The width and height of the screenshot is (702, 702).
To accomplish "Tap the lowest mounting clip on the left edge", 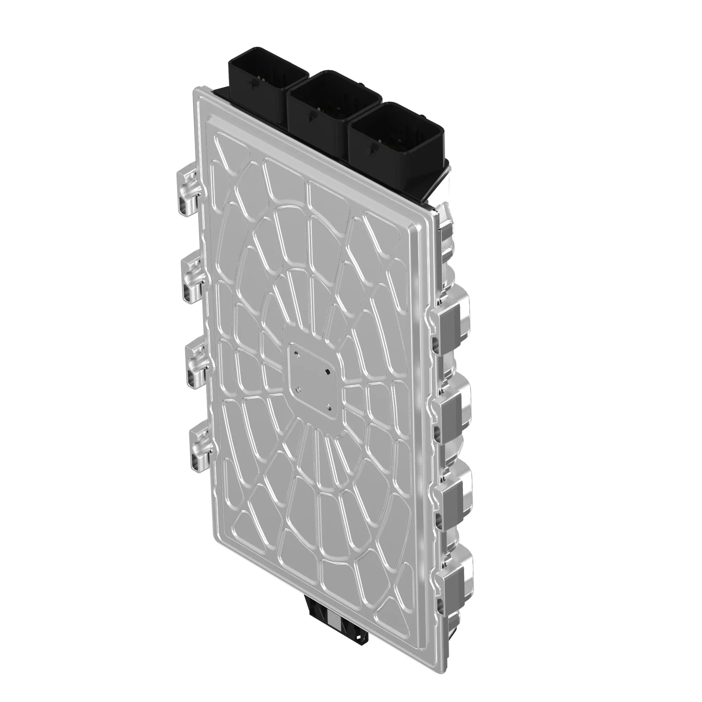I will (202, 447).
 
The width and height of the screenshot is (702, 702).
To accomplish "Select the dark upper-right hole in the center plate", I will (328, 371).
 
